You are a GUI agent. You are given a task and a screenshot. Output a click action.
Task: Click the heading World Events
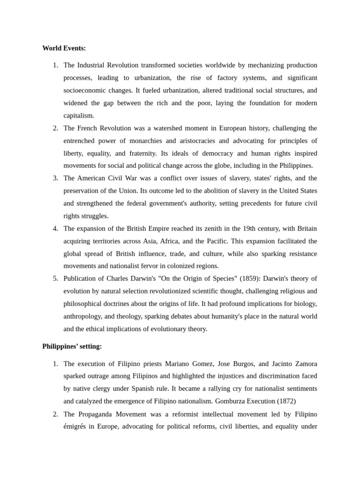tap(64, 48)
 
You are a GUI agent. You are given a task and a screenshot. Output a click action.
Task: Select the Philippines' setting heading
tap(72, 346)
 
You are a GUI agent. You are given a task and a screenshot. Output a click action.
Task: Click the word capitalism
tap(79, 115)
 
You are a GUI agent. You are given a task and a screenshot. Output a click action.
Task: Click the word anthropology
tap(85, 316)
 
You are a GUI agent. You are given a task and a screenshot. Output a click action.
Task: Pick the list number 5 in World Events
tap(55, 278)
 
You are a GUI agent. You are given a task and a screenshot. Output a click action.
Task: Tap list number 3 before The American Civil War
tap(55, 178)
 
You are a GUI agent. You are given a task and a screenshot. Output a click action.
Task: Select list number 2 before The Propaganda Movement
tap(55, 414)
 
